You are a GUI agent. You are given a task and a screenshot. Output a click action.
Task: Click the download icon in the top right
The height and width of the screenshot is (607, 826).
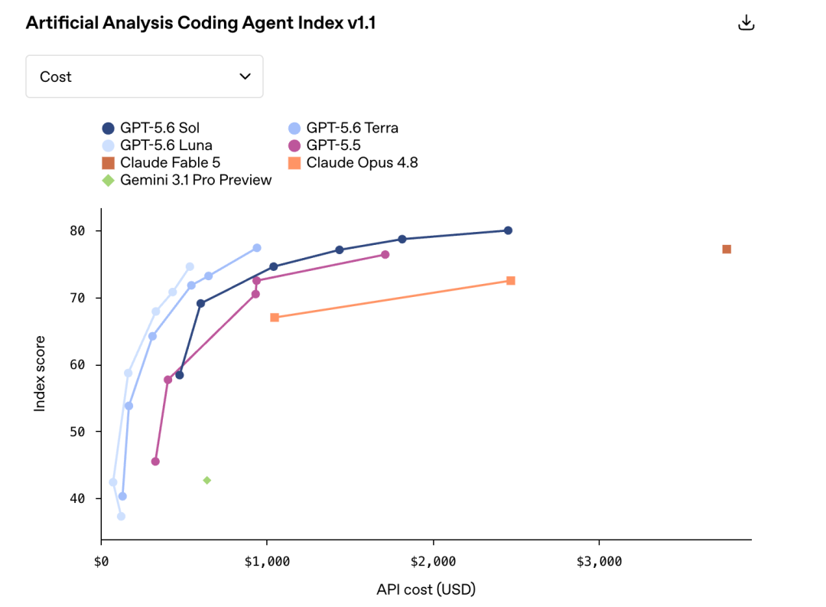(746, 23)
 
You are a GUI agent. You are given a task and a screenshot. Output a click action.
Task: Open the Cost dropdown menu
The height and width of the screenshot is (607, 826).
(145, 77)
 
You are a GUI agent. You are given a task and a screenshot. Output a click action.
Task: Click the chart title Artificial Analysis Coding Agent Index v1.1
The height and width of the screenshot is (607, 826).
(200, 23)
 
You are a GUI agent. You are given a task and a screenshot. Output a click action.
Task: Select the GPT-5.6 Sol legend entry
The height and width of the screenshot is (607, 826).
(151, 128)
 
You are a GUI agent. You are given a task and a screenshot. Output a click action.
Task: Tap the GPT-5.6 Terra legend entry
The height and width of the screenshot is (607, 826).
(343, 128)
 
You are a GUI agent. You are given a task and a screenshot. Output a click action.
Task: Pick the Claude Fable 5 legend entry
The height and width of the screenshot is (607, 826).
(161, 162)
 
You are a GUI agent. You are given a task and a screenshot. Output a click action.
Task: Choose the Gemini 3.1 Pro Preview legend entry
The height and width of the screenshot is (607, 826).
(187, 180)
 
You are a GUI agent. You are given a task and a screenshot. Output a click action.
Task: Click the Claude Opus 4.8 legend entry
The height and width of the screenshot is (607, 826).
(353, 162)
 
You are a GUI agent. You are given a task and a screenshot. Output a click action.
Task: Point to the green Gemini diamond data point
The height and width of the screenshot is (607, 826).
(207, 480)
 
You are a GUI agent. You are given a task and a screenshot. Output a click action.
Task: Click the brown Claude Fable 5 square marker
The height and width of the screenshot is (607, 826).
(727, 249)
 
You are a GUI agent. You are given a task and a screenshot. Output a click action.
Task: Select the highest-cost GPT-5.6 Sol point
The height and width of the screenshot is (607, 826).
(508, 230)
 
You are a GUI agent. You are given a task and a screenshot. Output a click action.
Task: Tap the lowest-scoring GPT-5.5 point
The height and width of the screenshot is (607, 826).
(155, 462)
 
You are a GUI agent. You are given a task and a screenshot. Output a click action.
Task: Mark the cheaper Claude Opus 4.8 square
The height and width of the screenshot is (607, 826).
(275, 318)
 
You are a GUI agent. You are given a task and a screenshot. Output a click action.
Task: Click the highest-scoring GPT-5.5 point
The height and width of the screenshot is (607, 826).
(385, 255)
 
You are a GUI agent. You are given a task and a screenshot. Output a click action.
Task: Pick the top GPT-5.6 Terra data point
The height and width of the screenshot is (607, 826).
(256, 248)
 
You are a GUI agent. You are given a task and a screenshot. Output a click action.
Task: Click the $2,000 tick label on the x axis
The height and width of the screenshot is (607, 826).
(433, 561)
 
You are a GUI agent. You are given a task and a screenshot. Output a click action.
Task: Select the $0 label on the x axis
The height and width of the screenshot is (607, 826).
(101, 561)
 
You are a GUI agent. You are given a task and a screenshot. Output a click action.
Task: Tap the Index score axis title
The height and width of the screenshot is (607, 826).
(40, 374)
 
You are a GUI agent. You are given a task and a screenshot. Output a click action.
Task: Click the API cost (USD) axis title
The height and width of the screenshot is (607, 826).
(426, 589)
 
